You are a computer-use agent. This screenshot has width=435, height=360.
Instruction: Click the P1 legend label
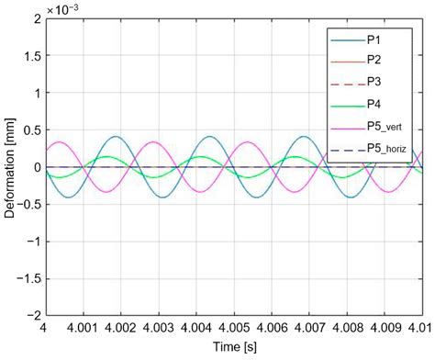pos(374,39)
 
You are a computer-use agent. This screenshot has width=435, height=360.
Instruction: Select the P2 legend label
pos(374,60)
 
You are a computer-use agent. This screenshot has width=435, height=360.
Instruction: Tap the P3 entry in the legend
pos(374,82)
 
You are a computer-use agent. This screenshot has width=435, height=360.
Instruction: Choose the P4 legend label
pos(374,105)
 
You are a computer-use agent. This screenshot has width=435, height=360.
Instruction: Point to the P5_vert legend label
pos(385,127)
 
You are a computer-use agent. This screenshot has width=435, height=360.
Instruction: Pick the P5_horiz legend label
pos(386,149)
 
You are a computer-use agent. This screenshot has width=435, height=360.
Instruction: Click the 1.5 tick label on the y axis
pos(33,55)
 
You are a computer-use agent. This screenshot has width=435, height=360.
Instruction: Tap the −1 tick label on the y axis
pos(34,242)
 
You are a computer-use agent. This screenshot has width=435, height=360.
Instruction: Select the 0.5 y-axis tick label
pos(33,130)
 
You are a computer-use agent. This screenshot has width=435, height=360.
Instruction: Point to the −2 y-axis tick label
pos(34,316)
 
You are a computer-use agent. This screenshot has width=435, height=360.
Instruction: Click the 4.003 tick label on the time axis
pos(159,329)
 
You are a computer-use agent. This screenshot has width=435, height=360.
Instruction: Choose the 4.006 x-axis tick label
pos(272,329)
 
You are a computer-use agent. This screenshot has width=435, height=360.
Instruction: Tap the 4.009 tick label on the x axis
pos(385,329)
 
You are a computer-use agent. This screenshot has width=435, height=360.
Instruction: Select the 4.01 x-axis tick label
pos(423,329)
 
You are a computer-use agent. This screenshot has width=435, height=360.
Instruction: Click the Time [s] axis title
pos(235,347)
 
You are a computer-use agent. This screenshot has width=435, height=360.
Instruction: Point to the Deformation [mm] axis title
pos(9,168)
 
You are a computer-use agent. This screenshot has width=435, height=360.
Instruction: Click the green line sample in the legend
pos(349,107)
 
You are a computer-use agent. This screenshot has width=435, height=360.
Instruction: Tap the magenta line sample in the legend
pos(349,129)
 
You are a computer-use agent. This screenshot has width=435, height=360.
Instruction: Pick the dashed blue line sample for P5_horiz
pos(349,151)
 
